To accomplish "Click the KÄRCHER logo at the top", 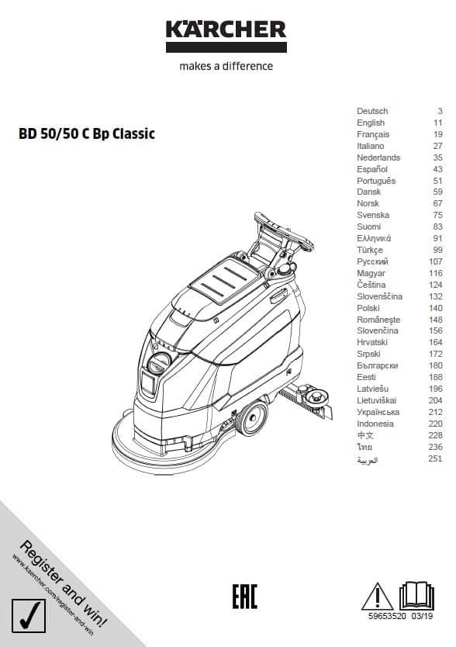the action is (226, 36).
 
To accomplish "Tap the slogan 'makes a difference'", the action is (226, 67).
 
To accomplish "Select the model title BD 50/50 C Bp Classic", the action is (87, 133).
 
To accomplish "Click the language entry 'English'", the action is (371, 123).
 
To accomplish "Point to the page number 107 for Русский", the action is (435, 261).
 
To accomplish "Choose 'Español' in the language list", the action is (372, 169).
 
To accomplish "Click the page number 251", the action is (435, 458).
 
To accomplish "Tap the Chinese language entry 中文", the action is (365, 435).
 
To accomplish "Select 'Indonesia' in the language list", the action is (375, 424).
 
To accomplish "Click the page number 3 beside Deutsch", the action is (440, 111).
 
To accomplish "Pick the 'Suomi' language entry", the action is (369, 227).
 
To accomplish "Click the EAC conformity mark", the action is (244, 597).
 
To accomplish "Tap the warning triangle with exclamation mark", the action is (377, 597).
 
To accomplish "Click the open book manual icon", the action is (416, 596).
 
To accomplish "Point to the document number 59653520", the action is (387, 616).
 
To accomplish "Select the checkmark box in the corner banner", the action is (29, 616).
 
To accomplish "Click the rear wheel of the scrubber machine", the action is (251, 418).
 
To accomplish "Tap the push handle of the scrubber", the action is (284, 231).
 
